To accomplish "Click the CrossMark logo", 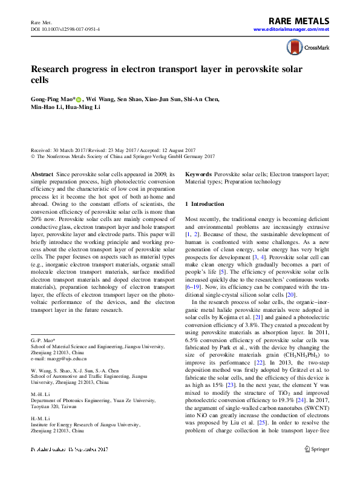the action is point(302,48).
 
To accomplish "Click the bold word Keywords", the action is point(198,174).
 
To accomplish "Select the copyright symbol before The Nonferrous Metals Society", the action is point(33,155).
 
